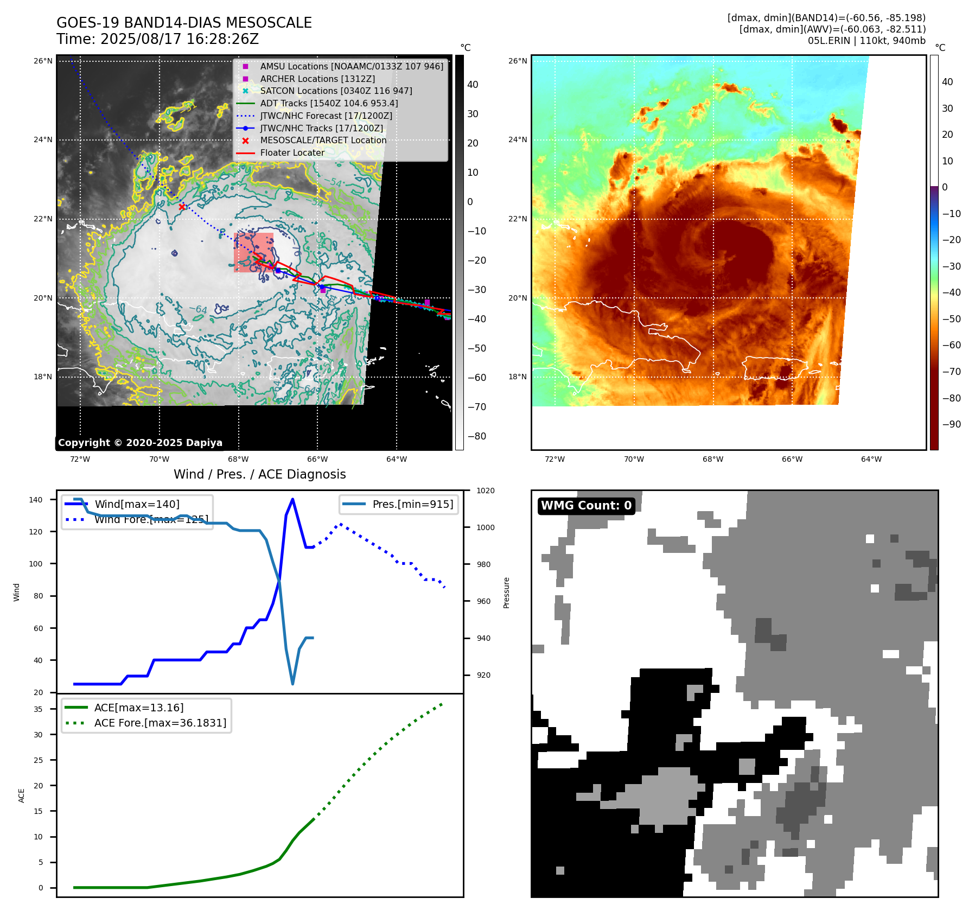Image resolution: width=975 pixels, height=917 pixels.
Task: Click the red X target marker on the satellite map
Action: tap(182, 207)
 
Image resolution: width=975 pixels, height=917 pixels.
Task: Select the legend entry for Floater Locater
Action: tap(292, 153)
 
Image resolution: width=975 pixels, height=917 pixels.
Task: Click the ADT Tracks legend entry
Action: tap(329, 103)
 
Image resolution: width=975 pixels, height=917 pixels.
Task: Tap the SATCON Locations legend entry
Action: tap(336, 91)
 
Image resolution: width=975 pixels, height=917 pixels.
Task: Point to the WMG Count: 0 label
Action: tap(586, 506)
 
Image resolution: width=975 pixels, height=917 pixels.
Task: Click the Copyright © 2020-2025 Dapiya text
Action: tap(140, 443)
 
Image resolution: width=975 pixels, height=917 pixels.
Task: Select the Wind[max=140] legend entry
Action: tap(137, 504)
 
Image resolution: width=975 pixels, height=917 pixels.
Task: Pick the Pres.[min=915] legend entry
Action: tap(412, 504)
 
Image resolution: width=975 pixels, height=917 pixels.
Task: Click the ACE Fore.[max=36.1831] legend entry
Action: tap(160, 723)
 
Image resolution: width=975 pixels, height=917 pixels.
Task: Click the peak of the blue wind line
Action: tap(292, 499)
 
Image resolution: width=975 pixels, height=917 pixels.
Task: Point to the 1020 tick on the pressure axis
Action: tap(485, 491)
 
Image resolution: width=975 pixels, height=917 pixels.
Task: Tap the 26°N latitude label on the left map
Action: tap(43, 61)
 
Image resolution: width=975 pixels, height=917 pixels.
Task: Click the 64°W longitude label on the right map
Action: tap(871, 459)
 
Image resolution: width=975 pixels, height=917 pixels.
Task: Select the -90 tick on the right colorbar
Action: tap(951, 424)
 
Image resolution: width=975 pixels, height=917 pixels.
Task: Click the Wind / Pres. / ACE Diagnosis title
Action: tap(259, 474)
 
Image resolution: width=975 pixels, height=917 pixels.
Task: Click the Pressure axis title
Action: tap(506, 593)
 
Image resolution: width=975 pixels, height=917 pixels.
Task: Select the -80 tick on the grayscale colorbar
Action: tap(477, 436)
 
